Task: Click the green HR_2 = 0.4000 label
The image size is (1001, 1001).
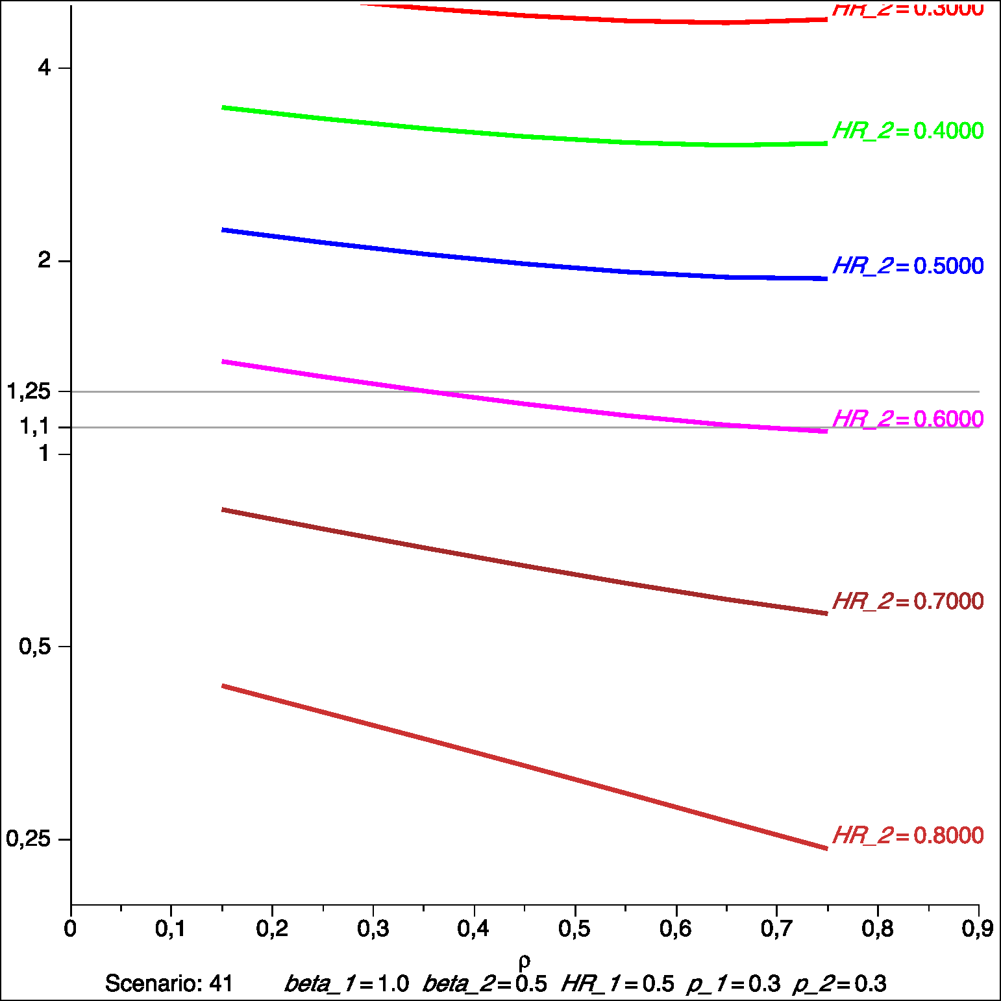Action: click(908, 131)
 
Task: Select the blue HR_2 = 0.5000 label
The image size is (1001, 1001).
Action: click(908, 266)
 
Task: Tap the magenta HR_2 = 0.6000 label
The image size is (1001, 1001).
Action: click(908, 419)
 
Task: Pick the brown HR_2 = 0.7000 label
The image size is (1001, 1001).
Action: click(908, 602)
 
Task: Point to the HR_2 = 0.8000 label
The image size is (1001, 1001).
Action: click(908, 835)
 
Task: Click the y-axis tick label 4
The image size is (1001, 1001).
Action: click(44, 68)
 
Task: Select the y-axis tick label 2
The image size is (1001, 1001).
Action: click(44, 260)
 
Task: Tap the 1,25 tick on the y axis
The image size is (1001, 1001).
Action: click(29, 391)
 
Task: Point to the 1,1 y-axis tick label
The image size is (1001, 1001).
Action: click(35, 426)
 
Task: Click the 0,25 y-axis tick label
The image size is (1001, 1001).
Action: click(29, 839)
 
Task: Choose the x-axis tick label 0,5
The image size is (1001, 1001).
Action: click(575, 929)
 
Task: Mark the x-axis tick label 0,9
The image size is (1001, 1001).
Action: click(977, 929)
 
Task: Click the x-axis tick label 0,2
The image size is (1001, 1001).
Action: click(272, 929)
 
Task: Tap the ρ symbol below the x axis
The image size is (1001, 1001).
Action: click(525, 961)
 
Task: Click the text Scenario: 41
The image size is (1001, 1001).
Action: click(169, 984)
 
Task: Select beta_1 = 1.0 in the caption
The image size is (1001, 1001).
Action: click(347, 984)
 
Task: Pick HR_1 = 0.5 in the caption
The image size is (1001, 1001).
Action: click(617, 984)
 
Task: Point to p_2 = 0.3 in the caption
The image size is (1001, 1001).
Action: click(839, 984)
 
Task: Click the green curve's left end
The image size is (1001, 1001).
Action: click(223, 108)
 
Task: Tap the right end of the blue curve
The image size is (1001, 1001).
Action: click(826, 278)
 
